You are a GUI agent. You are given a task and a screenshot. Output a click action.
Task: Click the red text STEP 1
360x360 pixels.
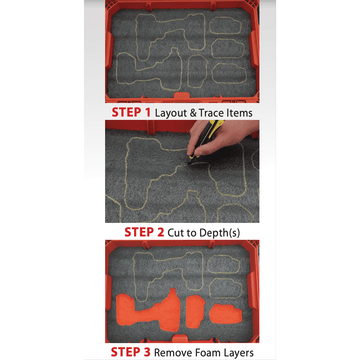pyautogui.click(x=131, y=112)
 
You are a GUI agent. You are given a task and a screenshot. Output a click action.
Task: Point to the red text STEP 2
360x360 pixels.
pyautogui.click(x=144, y=232)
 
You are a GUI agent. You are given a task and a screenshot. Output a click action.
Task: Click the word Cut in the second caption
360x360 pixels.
pyautogui.click(x=175, y=232)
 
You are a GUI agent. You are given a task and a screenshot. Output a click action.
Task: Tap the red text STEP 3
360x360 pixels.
pyautogui.click(x=130, y=352)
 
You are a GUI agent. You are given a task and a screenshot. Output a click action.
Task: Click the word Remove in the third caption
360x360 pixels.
pyautogui.click(x=172, y=352)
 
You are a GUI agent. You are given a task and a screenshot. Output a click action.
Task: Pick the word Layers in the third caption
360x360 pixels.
pyautogui.click(x=237, y=353)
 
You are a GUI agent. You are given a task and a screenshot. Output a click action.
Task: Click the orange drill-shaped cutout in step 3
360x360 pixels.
pyautogui.click(x=150, y=311)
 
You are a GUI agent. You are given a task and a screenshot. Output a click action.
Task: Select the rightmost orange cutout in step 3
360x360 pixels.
pyautogui.click(x=225, y=314)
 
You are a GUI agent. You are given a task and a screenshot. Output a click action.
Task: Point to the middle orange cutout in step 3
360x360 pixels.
pyautogui.click(x=195, y=311)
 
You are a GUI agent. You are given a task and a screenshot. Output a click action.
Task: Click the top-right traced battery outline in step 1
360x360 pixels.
pyautogui.click(x=225, y=26)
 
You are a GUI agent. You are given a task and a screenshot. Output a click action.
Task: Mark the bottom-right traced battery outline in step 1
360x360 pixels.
pyautogui.click(x=229, y=74)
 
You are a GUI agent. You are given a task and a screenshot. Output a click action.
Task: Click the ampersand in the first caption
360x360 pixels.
pyautogui.click(x=193, y=113)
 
